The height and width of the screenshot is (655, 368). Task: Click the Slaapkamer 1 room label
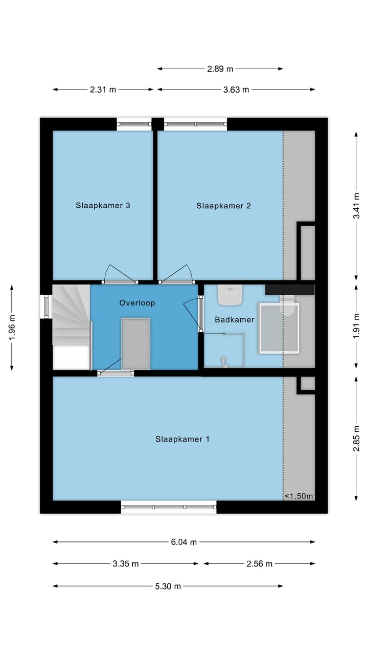pyautogui.click(x=182, y=439)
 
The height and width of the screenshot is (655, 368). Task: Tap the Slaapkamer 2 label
pyautogui.click(x=223, y=206)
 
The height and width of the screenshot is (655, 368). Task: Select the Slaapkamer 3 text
pyautogui.click(x=103, y=206)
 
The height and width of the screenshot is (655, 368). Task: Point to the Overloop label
pyautogui.click(x=137, y=303)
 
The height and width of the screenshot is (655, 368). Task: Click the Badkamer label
pyautogui.click(x=234, y=320)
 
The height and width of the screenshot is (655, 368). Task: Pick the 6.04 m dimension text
pyautogui.click(x=184, y=542)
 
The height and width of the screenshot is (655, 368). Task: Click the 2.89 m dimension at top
pyautogui.click(x=220, y=69)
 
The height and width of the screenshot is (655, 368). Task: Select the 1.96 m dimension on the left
pyautogui.click(x=12, y=328)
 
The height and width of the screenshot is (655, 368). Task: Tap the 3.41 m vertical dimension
pyautogui.click(x=357, y=205)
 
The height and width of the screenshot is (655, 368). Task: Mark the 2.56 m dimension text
pyautogui.click(x=260, y=564)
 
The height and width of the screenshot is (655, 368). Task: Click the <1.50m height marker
pyautogui.click(x=298, y=496)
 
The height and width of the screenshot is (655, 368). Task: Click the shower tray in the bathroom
pyautogui.click(x=279, y=328)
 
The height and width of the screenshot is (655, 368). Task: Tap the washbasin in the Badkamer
pyautogui.click(x=230, y=295)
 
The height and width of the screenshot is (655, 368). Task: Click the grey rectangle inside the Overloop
pyautogui.click(x=136, y=343)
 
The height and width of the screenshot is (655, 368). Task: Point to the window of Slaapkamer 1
pyautogui.click(x=169, y=507)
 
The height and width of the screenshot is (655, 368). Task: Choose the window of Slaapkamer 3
pyautogui.click(x=134, y=124)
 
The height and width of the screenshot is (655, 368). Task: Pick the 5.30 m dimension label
pyautogui.click(x=168, y=586)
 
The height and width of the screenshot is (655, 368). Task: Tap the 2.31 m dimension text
pyautogui.click(x=103, y=90)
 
